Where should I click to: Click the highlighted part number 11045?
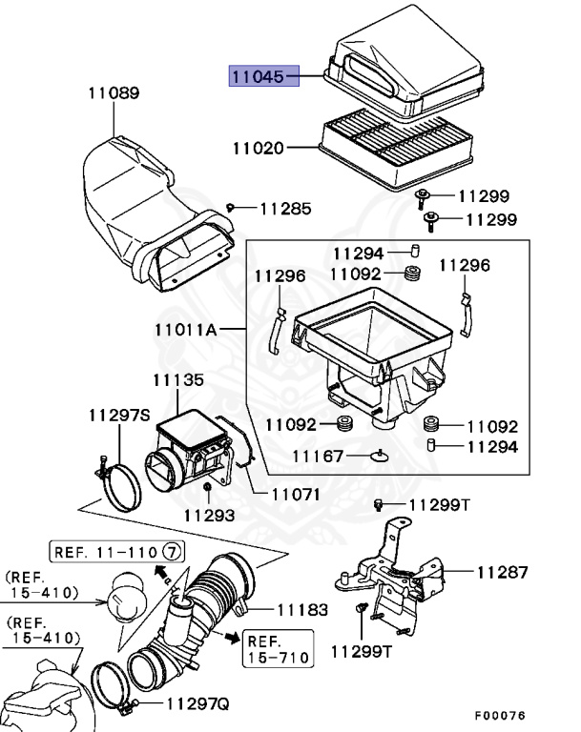(262, 75)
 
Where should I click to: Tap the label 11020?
(259, 149)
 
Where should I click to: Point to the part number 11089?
(113, 93)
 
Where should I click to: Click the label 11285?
(285, 208)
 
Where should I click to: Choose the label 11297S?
(120, 416)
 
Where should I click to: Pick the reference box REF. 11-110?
(117, 552)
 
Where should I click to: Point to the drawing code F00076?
(499, 715)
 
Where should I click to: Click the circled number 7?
(172, 552)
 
